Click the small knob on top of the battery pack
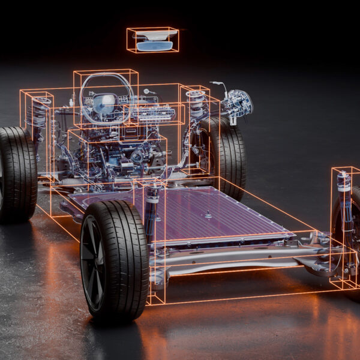208,214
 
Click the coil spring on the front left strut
39,114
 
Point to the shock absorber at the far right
343,198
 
